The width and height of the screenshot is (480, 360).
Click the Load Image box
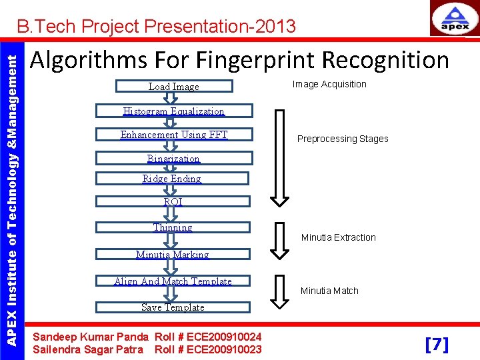tap(173, 86)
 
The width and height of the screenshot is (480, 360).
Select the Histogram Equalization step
tap(173, 111)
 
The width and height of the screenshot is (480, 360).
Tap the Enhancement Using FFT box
tap(173, 135)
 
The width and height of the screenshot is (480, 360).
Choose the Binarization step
tap(173, 159)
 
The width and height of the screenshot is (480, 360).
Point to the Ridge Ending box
tap(172, 179)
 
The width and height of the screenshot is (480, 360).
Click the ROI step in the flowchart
tap(173, 202)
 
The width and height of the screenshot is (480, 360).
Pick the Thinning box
tap(173, 227)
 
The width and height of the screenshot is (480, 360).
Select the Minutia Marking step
tap(173, 255)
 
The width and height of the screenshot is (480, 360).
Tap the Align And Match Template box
tap(173, 281)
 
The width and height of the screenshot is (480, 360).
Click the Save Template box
tap(173, 307)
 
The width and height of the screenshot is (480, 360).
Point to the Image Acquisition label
tap(329, 84)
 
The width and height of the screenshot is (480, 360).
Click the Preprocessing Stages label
tap(342, 139)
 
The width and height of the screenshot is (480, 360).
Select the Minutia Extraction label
tap(338, 237)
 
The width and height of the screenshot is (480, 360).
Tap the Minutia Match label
tap(329, 291)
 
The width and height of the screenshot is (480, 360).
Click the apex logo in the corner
tap(453, 19)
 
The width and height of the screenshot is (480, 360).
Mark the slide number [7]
tap(437, 345)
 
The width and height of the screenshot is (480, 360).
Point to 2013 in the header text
tap(275, 27)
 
